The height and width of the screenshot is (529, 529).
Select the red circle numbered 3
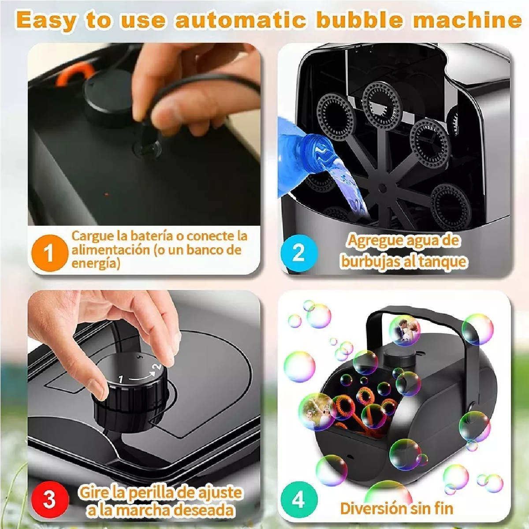(49, 499)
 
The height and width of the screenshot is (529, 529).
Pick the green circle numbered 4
(298, 499)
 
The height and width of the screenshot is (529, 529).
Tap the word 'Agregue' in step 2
(375, 241)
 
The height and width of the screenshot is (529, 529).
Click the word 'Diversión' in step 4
(374, 508)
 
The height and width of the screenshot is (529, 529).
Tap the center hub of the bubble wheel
(382, 188)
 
